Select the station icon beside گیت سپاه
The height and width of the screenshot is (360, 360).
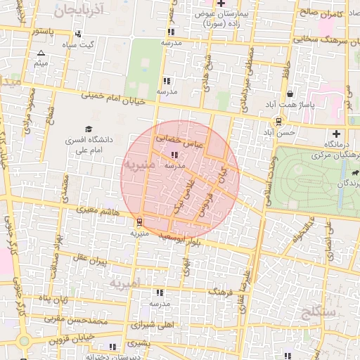point(77,33)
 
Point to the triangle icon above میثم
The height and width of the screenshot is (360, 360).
point(41,53)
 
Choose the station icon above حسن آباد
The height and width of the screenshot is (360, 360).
point(279,121)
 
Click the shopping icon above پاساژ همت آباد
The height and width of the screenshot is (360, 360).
point(290,94)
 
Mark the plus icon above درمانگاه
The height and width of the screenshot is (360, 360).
point(337,134)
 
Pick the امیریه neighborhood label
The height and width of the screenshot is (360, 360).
point(125,283)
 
